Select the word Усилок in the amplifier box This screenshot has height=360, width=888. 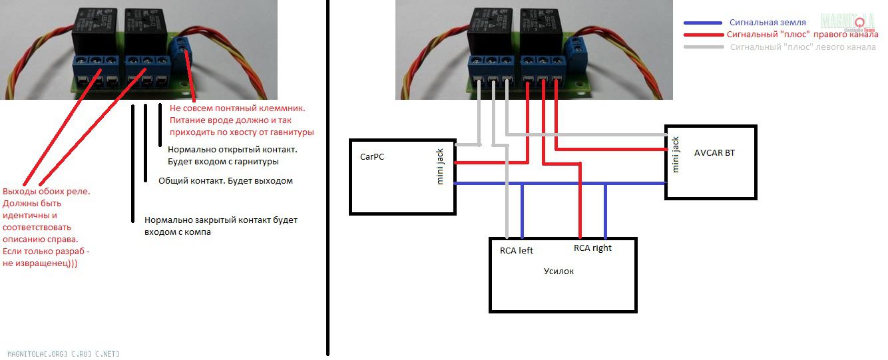pos(558,271)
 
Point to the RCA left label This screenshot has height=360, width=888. pos(517,251)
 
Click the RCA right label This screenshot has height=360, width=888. pos(592,248)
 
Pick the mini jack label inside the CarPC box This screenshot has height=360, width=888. pos(440,167)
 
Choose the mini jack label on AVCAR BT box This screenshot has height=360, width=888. pos(676,154)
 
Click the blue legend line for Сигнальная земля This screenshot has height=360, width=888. pos(702,22)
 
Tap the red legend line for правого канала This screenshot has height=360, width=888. pos(702,35)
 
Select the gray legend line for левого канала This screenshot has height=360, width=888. pos(702,47)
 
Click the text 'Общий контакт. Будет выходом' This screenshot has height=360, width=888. pos(225,181)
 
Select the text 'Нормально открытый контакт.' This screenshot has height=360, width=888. pos(232,150)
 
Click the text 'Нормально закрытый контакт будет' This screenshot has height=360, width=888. pos(221,220)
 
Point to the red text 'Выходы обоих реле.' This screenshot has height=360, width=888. pos(47,192)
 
